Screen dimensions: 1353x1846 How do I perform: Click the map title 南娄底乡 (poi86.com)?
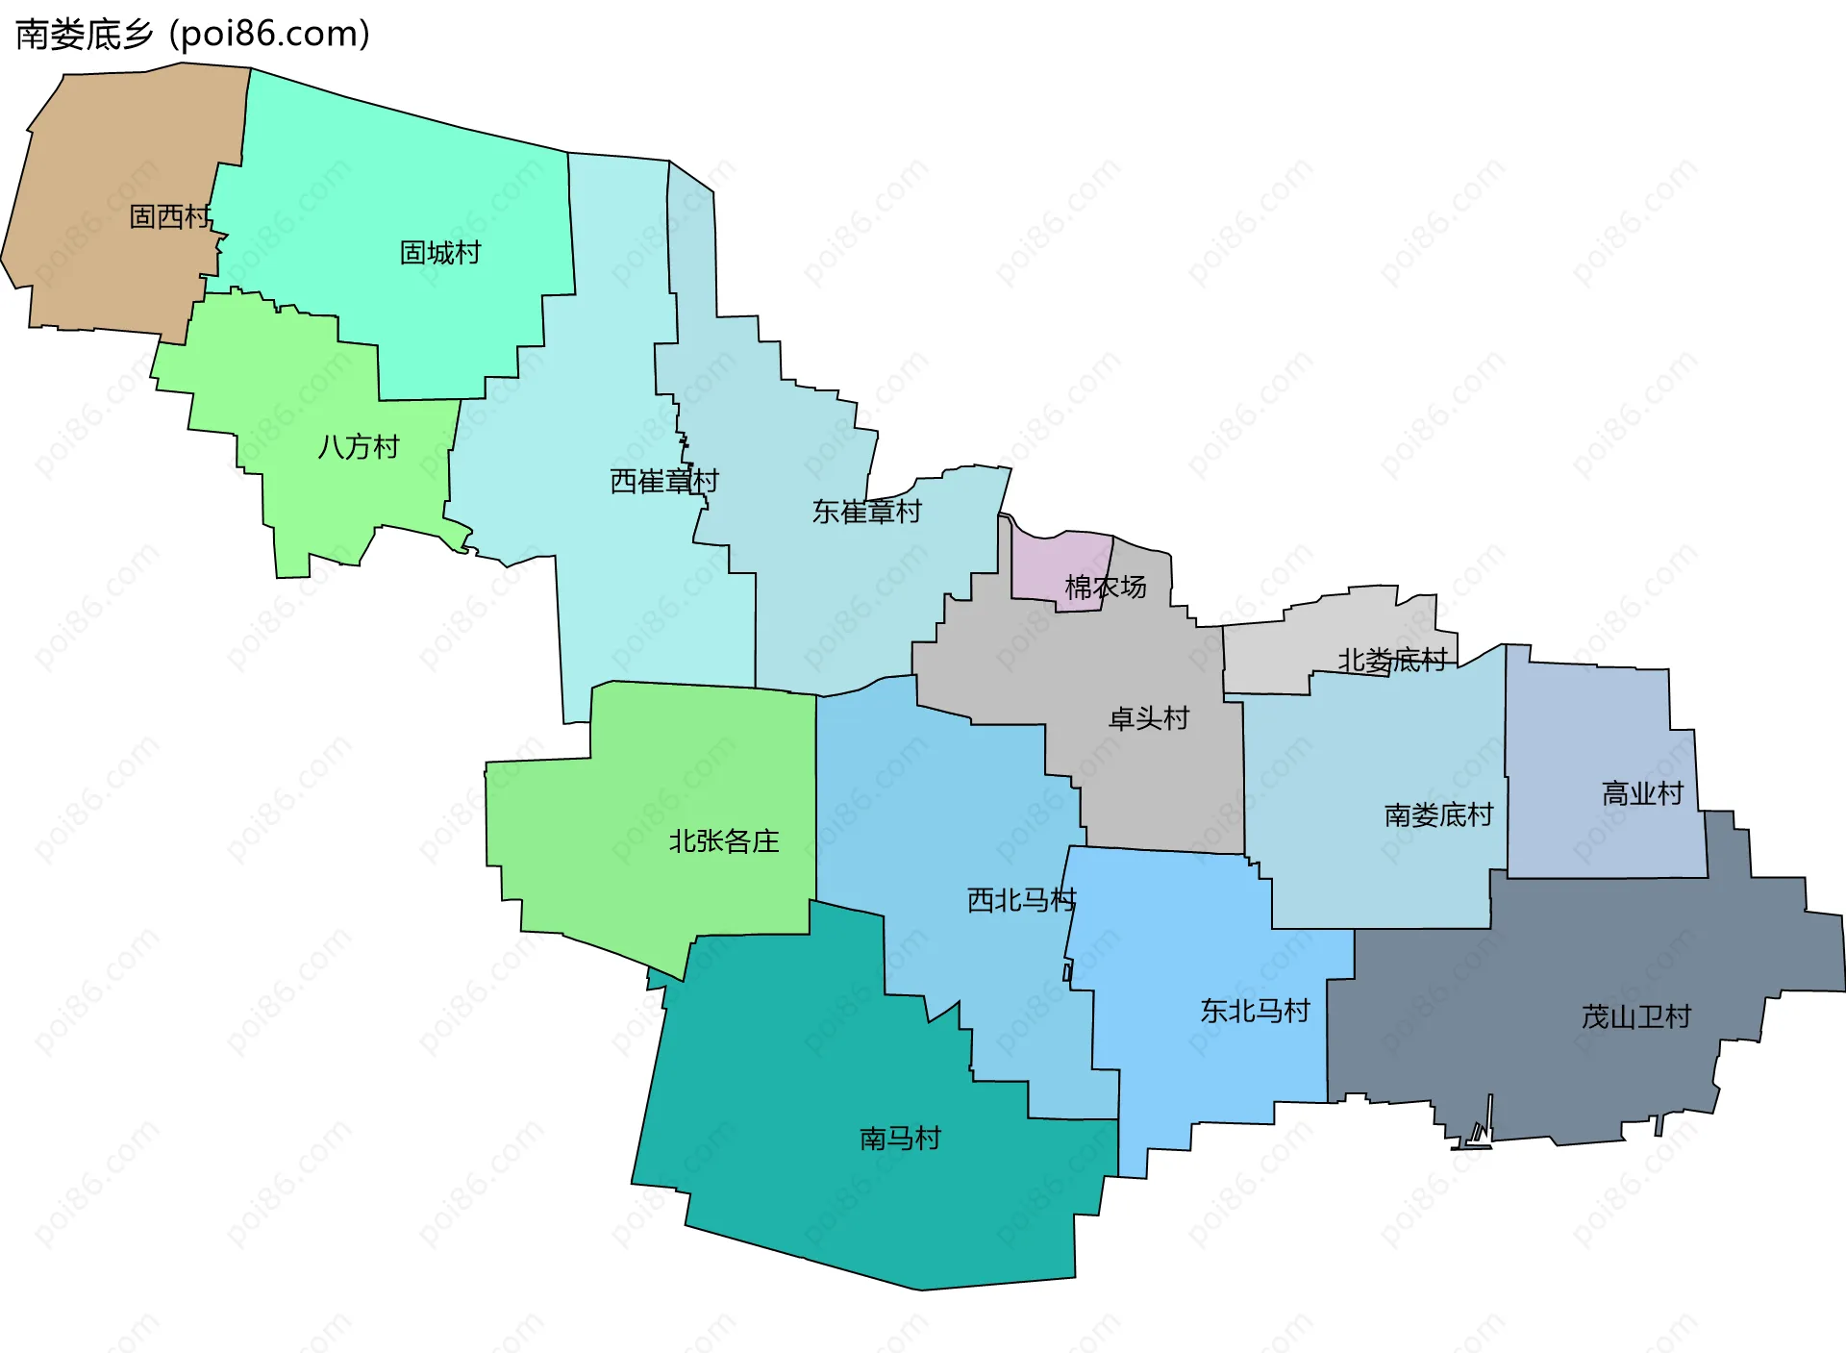tap(192, 35)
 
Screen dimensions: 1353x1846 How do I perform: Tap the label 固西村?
tap(169, 216)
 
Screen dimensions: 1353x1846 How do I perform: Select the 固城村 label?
tap(440, 253)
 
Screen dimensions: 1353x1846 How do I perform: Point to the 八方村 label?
tap(359, 447)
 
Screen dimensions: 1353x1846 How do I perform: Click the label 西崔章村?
tap(664, 481)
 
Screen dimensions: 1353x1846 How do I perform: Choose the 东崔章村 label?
tap(866, 512)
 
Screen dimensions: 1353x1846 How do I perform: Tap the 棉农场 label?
tap(1105, 587)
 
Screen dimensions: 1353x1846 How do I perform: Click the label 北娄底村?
tap(1392, 660)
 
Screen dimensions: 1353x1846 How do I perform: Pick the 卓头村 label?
tap(1149, 718)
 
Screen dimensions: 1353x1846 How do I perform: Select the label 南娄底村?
tap(1438, 815)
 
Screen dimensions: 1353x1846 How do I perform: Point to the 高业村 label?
tap(1642, 793)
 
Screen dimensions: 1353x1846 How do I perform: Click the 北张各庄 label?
tap(724, 841)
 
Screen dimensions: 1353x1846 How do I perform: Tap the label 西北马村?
tap(1021, 900)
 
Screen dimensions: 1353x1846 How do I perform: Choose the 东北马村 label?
tap(1255, 1011)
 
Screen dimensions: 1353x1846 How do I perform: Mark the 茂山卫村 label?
tap(1635, 1016)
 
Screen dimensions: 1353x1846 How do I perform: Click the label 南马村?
tap(900, 1139)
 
